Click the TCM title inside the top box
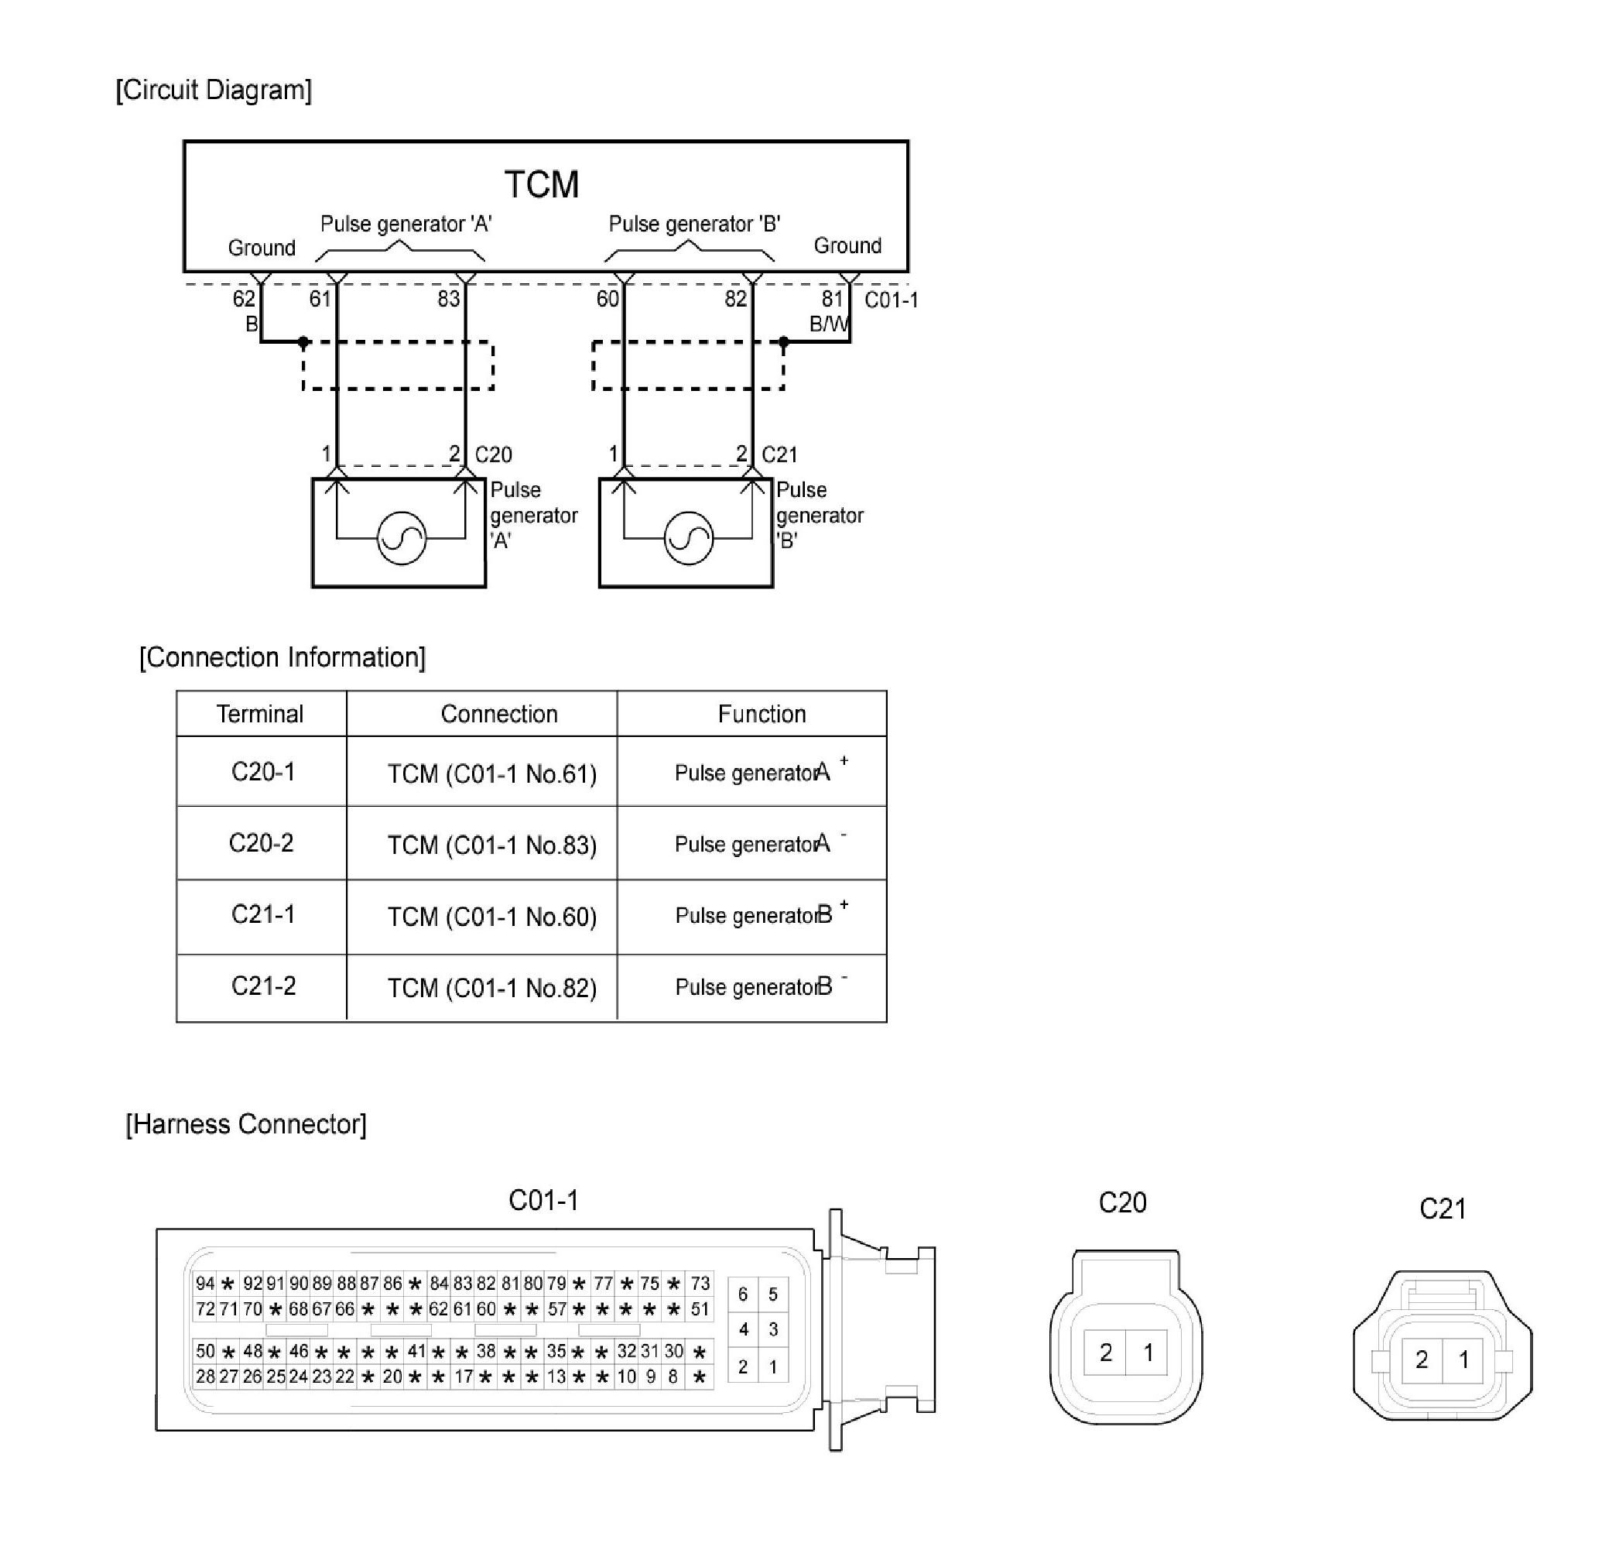click(x=541, y=185)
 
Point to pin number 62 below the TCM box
click(x=244, y=300)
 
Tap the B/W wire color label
click(x=828, y=324)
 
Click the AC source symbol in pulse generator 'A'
click(x=402, y=538)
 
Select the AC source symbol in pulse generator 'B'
click(x=689, y=538)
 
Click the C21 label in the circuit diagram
click(x=779, y=454)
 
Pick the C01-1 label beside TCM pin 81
click(x=891, y=300)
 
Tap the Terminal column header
click(x=260, y=714)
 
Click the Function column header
click(x=762, y=714)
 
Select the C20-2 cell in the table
click(x=261, y=843)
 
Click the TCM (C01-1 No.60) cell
click(x=492, y=917)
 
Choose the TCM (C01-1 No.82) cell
click(x=492, y=989)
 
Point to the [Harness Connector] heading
click(x=246, y=1124)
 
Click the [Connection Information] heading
click(x=282, y=657)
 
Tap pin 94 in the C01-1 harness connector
click(x=204, y=1284)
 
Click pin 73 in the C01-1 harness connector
click(x=700, y=1284)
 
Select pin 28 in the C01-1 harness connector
click(x=204, y=1377)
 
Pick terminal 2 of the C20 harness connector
click(x=1106, y=1353)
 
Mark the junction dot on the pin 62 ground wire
click(x=303, y=341)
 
